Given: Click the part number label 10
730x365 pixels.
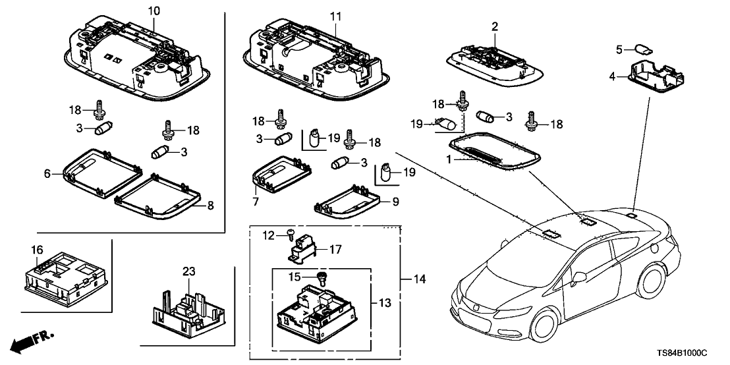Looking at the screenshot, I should point(154,11).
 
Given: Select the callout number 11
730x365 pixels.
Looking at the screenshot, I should point(336,14).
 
